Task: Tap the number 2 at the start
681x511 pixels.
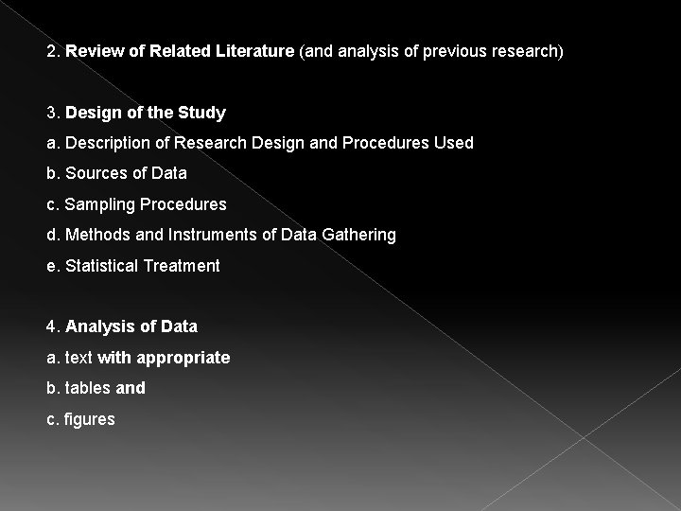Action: (51, 51)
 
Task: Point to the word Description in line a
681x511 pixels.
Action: (106, 143)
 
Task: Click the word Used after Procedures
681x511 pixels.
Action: (454, 143)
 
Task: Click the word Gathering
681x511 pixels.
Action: (358, 235)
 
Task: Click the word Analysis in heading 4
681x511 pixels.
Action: (100, 326)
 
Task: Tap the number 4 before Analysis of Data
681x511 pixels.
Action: (51, 326)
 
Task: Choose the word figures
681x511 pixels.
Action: (90, 419)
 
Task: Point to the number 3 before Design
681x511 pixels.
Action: (51, 114)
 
